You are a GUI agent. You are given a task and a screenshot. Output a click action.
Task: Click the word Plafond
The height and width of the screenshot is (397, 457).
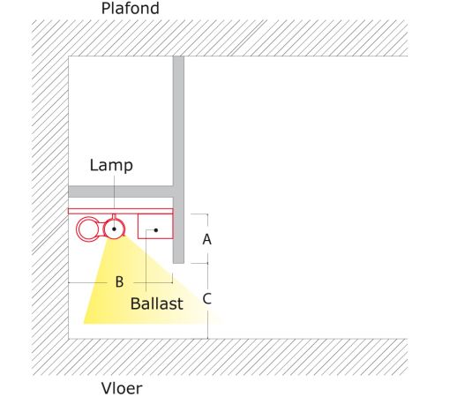click(131, 8)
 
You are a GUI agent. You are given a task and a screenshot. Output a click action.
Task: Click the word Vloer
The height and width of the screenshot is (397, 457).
click(122, 388)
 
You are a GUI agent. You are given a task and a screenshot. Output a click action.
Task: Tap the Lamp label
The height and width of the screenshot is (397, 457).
click(111, 166)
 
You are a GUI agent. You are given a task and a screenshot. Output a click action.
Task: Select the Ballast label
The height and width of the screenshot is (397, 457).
click(157, 303)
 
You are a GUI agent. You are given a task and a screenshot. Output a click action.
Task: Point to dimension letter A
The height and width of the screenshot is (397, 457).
click(207, 239)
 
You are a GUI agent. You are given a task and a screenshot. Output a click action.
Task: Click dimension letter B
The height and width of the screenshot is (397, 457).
click(119, 282)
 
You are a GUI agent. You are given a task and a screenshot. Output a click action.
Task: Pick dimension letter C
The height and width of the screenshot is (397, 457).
click(207, 299)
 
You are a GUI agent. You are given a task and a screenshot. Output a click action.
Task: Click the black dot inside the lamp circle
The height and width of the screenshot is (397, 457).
click(114, 229)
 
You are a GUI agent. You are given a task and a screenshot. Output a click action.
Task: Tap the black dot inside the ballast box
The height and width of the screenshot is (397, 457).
click(156, 230)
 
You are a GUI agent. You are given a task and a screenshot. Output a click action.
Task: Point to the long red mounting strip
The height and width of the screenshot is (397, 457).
click(121, 211)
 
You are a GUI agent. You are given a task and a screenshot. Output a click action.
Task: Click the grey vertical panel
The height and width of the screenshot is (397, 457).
click(178, 160)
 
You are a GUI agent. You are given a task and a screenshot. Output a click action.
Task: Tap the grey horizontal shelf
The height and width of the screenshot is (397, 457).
click(121, 191)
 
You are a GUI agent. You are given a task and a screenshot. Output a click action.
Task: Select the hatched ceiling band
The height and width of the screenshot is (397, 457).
click(220, 38)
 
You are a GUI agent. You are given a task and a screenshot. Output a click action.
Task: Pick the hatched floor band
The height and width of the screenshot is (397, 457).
click(220, 357)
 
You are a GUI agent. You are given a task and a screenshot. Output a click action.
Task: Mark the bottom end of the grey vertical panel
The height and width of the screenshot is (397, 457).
click(178, 263)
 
